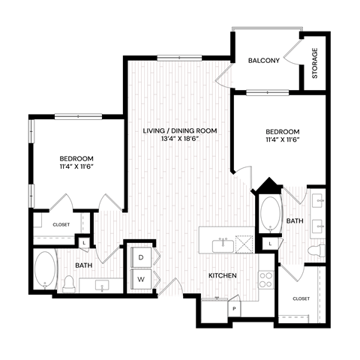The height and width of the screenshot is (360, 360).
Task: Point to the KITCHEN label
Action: tap(223, 276)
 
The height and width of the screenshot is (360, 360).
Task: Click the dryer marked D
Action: tap(140, 258)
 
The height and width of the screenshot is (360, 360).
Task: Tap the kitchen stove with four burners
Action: tap(265, 280)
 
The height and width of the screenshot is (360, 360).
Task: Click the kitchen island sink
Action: tap(222, 244)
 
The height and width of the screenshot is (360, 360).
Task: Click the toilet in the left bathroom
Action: tap(68, 283)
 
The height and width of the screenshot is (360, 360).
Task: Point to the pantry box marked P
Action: tap(235, 308)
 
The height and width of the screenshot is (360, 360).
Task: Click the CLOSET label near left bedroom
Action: tap(61, 224)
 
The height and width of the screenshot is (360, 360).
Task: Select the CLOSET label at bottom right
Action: tap(301, 298)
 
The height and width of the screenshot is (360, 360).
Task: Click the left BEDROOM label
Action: tap(76, 158)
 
